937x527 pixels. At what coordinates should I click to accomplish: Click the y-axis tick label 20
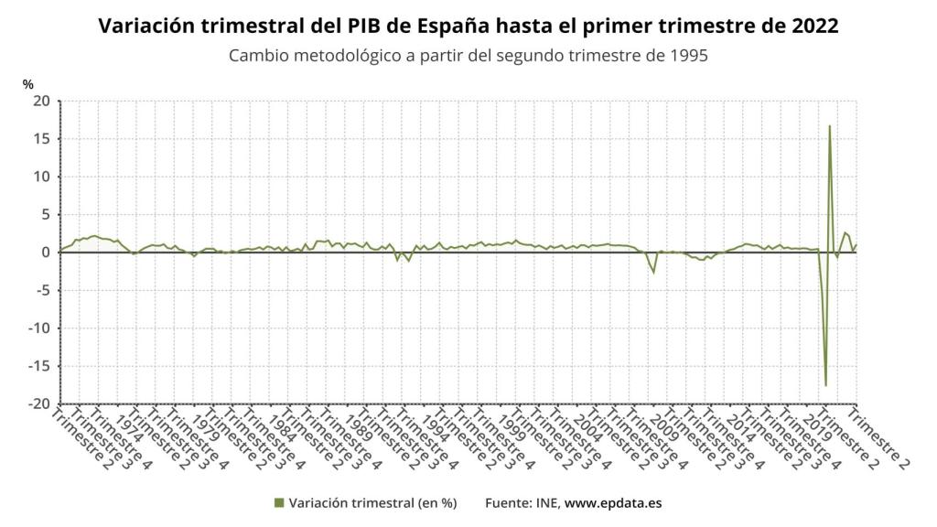(x=39, y=101)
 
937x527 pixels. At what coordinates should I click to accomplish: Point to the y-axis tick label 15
(x=39, y=138)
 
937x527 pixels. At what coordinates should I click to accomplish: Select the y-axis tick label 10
(x=39, y=177)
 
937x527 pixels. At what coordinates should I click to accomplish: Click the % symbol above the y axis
(x=27, y=84)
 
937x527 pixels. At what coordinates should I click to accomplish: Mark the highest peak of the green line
(x=830, y=126)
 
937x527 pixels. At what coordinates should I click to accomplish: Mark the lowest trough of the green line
(x=825, y=385)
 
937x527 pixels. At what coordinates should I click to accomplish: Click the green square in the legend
(x=278, y=502)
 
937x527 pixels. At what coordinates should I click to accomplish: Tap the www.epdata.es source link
(x=613, y=502)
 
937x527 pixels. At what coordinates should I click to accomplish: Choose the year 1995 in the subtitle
(x=689, y=55)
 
